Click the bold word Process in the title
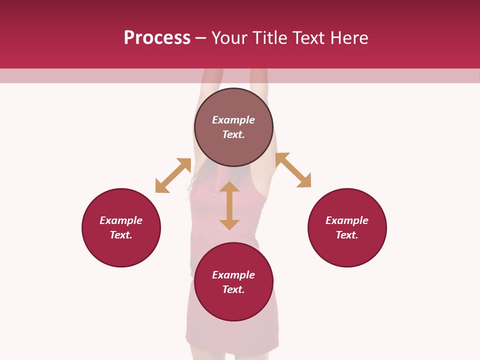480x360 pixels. coord(157,38)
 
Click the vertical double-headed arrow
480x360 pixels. coord(229,205)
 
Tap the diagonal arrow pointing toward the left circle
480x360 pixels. coord(173,175)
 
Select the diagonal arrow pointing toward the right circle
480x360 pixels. coord(293,170)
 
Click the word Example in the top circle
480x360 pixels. coord(233,120)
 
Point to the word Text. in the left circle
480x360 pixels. coord(121,235)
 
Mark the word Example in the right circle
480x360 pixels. coord(347,220)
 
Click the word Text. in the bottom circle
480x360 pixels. coord(233,289)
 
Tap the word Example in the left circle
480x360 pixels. coord(121,220)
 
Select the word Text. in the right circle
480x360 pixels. coord(347,235)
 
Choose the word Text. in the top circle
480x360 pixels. coord(233,134)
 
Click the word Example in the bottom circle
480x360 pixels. coord(233,275)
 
